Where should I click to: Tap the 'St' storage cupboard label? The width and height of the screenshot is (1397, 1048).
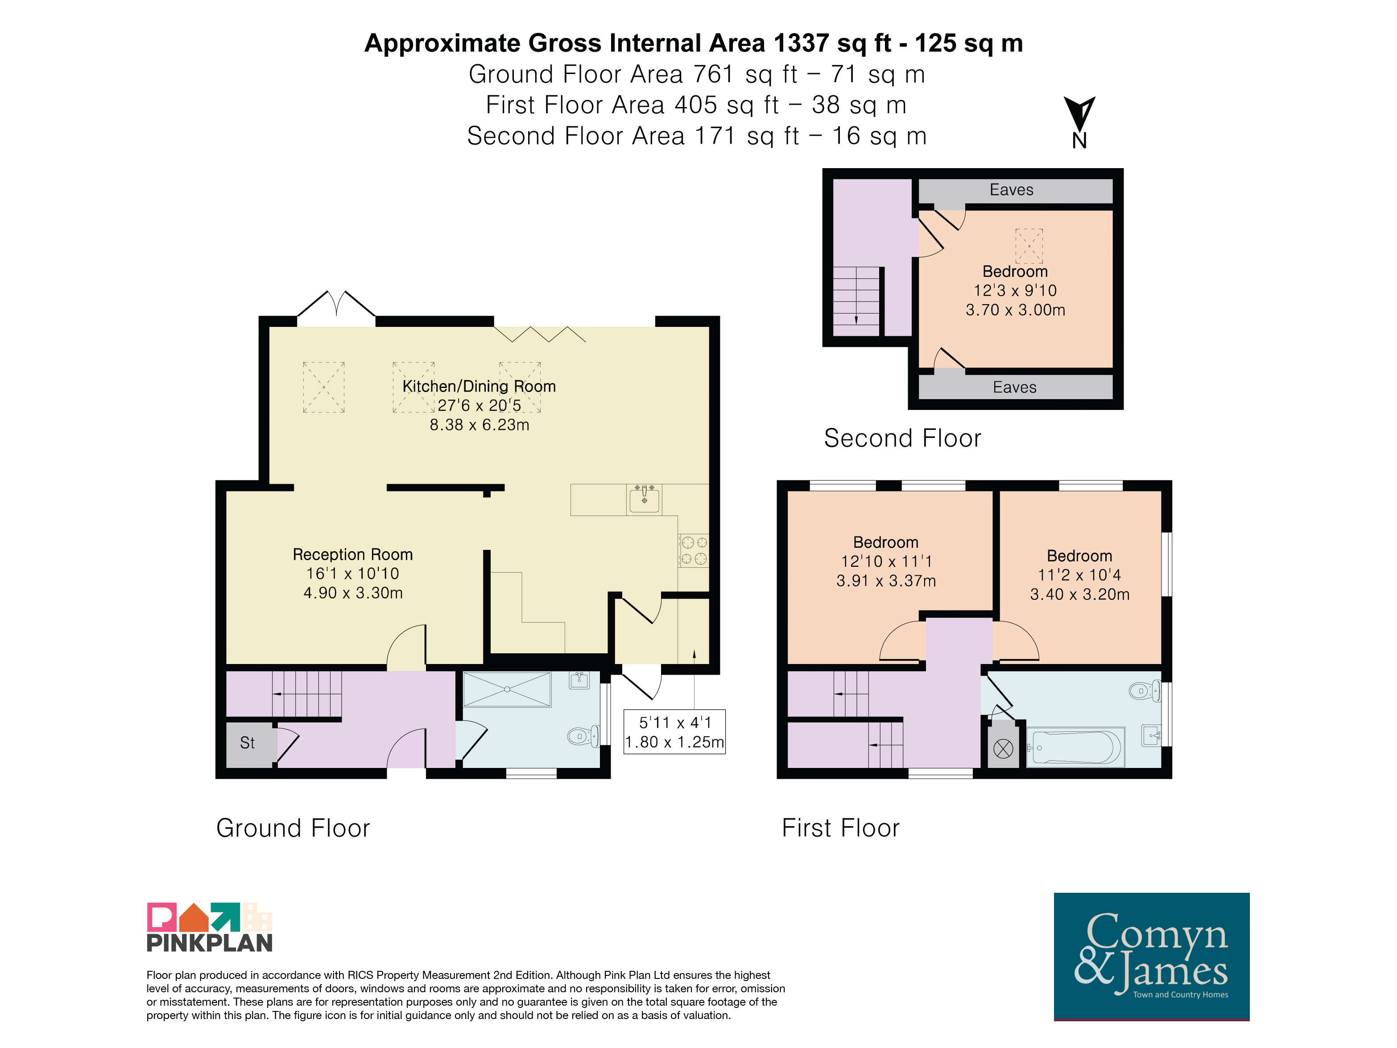pyautogui.click(x=247, y=743)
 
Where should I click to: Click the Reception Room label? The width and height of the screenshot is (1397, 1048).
pyautogui.click(x=352, y=554)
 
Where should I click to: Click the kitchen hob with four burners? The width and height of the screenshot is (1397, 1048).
pyautogui.click(x=694, y=550)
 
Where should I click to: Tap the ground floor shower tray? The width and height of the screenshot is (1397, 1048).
pyautogui.click(x=507, y=689)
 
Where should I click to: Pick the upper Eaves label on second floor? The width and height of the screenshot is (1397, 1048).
pyautogui.click(x=1011, y=190)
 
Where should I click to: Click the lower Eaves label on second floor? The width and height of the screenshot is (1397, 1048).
pyautogui.click(x=1014, y=388)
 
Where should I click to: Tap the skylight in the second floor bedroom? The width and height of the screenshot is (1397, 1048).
pyautogui.click(x=1029, y=246)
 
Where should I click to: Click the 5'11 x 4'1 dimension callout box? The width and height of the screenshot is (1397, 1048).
pyautogui.click(x=674, y=732)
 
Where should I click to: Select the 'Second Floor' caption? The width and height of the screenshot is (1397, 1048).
pyautogui.click(x=902, y=438)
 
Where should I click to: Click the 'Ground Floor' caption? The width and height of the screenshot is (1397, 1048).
pyautogui.click(x=293, y=828)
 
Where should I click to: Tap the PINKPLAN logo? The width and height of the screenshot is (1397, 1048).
pyautogui.click(x=210, y=927)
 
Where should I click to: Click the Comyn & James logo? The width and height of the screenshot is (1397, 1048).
pyautogui.click(x=1151, y=957)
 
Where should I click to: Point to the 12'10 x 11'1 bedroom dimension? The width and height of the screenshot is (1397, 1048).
pyautogui.click(x=886, y=561)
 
